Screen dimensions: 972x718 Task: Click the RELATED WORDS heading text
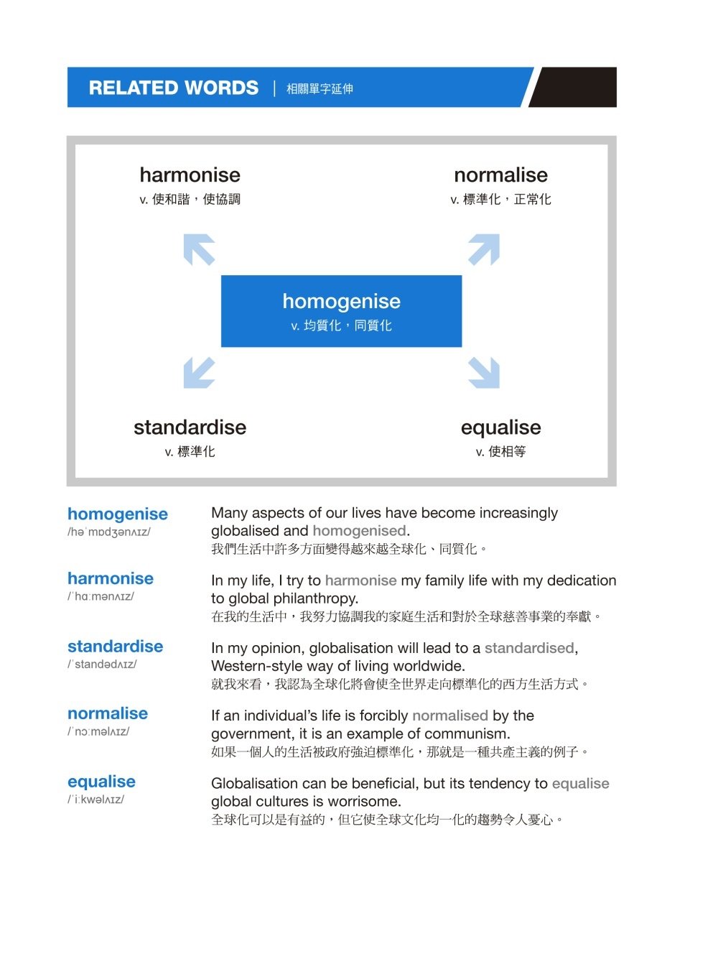[x=173, y=88]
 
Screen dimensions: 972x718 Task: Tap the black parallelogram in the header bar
[x=574, y=88]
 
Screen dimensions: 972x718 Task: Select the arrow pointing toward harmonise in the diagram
[x=199, y=249]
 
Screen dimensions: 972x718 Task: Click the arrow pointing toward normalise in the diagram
[x=484, y=249]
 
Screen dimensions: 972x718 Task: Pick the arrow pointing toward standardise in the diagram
[x=199, y=373]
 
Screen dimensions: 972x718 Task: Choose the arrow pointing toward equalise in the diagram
[x=484, y=373]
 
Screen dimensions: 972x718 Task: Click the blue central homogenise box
[x=341, y=311]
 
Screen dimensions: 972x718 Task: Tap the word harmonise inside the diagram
[x=190, y=175]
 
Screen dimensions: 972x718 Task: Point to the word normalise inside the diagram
[x=500, y=175]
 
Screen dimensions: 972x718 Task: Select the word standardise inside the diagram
[x=190, y=427]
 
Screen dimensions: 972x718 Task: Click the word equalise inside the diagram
[x=500, y=427]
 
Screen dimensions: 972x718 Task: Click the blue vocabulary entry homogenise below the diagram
[x=117, y=514]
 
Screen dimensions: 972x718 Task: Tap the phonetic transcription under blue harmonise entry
[x=101, y=596]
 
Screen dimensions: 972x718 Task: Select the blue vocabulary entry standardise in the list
[x=115, y=646]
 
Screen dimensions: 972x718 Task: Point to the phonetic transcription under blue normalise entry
[x=98, y=731]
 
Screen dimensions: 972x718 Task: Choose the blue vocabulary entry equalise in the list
[x=101, y=782]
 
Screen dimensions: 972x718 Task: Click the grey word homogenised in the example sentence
[x=359, y=531]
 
